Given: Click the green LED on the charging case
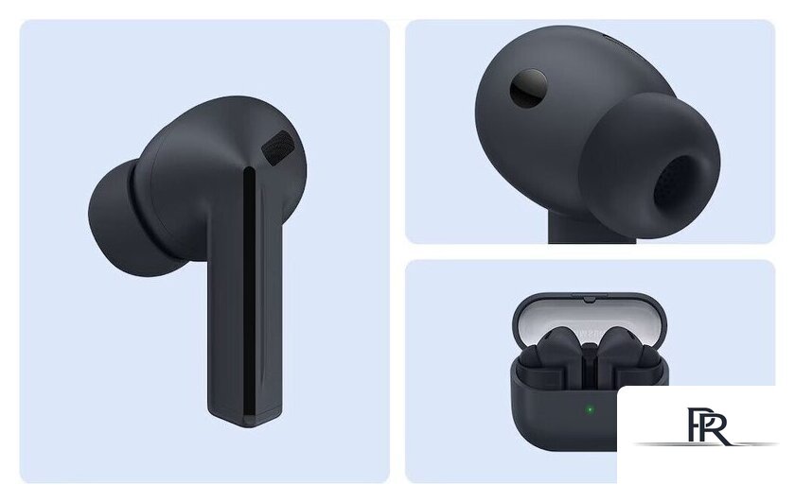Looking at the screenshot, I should coord(589,409).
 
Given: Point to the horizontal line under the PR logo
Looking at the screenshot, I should coord(705,444).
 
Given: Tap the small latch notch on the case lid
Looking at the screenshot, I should coord(589,300).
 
